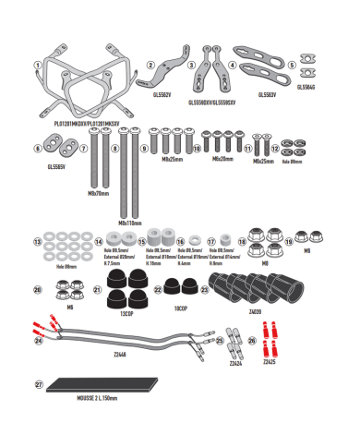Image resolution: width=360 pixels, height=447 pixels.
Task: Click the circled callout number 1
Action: (x=38, y=65)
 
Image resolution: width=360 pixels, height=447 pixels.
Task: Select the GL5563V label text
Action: (x=269, y=93)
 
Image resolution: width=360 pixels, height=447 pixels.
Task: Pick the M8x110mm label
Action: (x=128, y=223)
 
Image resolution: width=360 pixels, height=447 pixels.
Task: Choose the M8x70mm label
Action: (x=96, y=194)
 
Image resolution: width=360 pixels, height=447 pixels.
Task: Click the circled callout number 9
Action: (x=144, y=148)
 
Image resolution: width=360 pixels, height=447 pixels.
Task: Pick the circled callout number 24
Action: (x=38, y=341)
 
